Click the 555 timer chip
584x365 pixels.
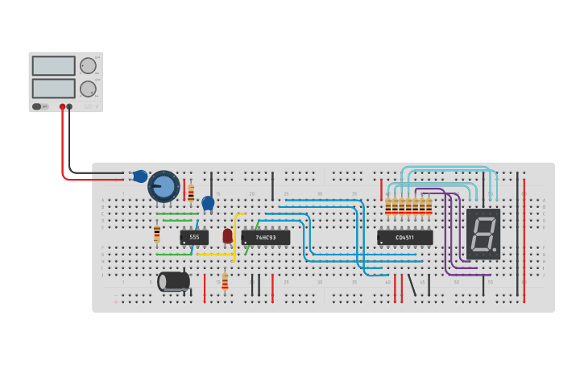(194, 238)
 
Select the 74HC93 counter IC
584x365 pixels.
(265, 238)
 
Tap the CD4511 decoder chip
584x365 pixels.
(404, 238)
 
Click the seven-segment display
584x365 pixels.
(483, 234)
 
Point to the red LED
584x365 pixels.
(227, 235)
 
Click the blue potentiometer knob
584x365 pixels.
(164, 187)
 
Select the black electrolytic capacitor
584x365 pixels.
(173, 281)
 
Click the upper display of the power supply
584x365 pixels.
(53, 66)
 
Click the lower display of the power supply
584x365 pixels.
(53, 88)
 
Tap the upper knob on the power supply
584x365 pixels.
(87, 66)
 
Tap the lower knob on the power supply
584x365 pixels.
(87, 88)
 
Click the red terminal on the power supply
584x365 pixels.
(62, 106)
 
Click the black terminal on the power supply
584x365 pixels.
(69, 106)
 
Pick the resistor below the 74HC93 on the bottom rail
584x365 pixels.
(225, 281)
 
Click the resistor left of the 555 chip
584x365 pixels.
(157, 234)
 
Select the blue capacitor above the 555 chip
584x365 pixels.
(208, 203)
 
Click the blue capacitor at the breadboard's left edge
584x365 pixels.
(140, 176)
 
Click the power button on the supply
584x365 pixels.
(37, 106)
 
